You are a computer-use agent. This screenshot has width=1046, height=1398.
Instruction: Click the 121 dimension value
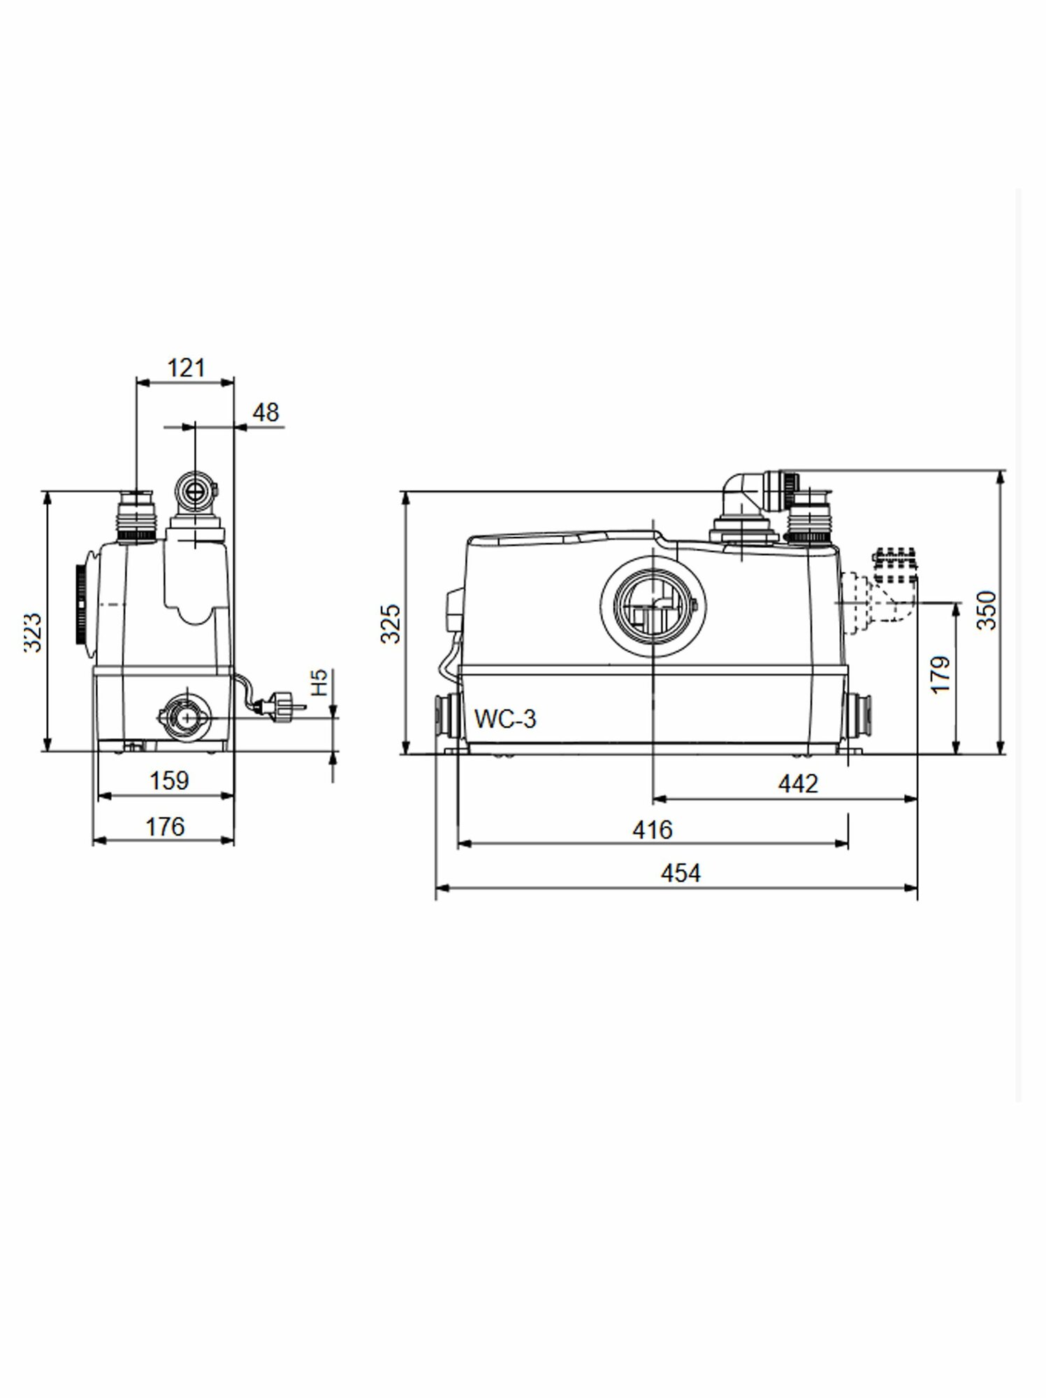pyautogui.click(x=187, y=368)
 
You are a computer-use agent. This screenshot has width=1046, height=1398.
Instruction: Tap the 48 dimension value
pyautogui.click(x=266, y=412)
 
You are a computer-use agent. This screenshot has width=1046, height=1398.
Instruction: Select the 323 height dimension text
pyautogui.click(x=34, y=633)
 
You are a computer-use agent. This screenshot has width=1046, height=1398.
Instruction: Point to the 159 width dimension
pyautogui.click(x=169, y=780)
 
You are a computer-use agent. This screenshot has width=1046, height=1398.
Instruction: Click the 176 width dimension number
pyautogui.click(x=165, y=827)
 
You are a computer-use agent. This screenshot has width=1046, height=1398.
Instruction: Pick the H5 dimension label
pyautogui.click(x=319, y=682)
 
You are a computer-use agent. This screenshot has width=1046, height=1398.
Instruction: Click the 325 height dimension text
pyautogui.click(x=391, y=624)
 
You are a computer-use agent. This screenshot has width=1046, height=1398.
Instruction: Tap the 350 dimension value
pyautogui.click(x=986, y=610)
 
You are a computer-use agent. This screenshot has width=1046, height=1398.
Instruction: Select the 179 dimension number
pyautogui.click(x=940, y=675)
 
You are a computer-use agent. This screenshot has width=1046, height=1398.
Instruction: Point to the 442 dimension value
pyautogui.click(x=798, y=784)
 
